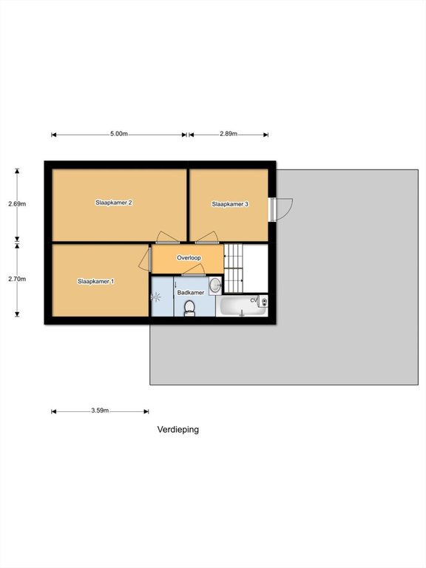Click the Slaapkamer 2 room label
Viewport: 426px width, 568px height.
coord(114,203)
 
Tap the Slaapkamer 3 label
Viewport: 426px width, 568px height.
coord(230,204)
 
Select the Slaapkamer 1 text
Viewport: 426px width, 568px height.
coord(96,281)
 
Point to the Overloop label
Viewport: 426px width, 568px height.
coord(189,258)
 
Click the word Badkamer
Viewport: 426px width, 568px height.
coord(191,292)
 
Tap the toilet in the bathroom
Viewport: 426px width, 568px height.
coord(189,308)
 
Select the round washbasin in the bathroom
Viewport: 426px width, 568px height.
coord(215,285)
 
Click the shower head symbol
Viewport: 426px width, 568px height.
coord(155,297)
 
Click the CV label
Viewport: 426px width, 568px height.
coord(254,300)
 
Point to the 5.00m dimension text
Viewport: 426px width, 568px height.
coord(119,134)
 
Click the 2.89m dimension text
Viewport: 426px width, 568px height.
coord(229,134)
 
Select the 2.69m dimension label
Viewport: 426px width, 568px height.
coord(17,203)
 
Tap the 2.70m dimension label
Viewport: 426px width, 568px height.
coord(17,279)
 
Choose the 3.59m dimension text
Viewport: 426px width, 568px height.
coord(100,410)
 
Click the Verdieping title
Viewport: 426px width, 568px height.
coord(177,430)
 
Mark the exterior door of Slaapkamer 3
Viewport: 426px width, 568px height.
coord(280,209)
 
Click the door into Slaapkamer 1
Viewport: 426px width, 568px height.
coord(144,259)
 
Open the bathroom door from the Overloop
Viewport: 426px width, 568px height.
coord(194,270)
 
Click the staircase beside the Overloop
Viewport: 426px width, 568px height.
coord(234,268)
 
